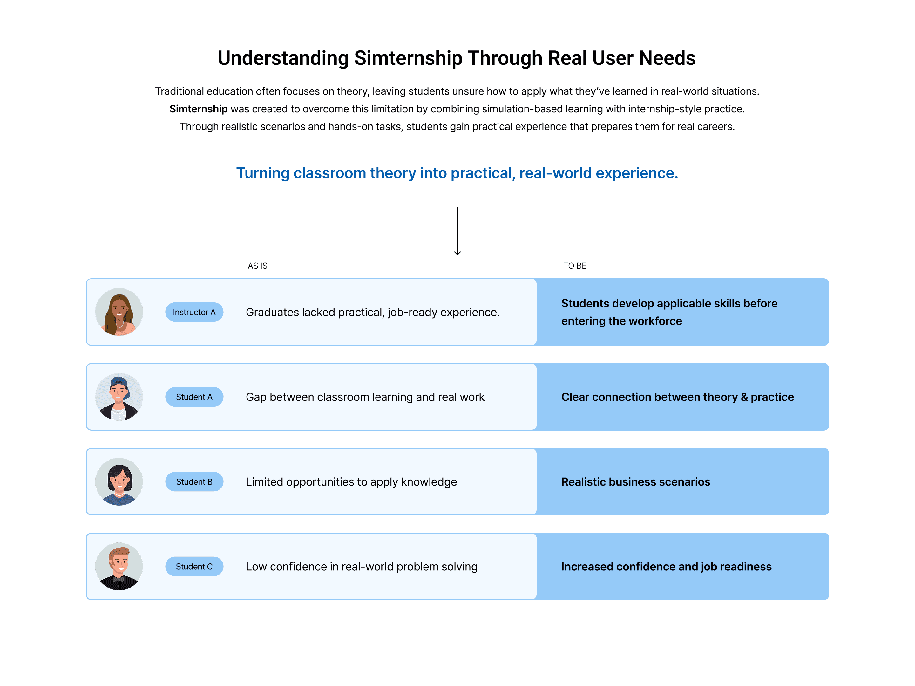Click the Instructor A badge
(x=194, y=312)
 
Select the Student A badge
(x=194, y=397)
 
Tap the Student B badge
(x=194, y=482)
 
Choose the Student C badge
(x=194, y=567)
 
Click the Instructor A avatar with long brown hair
(x=119, y=312)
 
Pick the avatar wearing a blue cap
(x=119, y=397)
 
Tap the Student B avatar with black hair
(x=119, y=482)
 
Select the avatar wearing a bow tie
(x=119, y=567)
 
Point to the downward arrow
(x=457, y=232)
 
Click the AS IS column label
(x=257, y=266)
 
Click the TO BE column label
(x=574, y=266)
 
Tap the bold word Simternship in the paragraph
(x=198, y=109)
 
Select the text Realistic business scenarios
(x=635, y=482)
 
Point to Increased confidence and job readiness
(x=666, y=567)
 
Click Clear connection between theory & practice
(x=677, y=397)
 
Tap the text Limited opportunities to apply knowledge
(x=351, y=482)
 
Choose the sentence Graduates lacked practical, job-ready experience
(x=372, y=312)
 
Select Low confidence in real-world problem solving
(x=361, y=567)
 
